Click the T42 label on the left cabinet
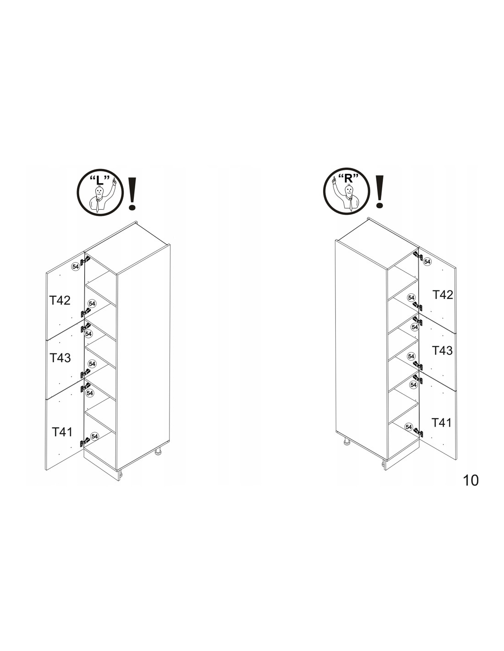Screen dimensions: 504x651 point(60,300)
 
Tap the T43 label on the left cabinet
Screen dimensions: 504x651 point(60,358)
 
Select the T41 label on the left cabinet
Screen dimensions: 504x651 point(62,432)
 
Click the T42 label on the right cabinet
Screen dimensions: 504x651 point(443,295)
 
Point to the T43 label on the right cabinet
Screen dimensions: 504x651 point(442,351)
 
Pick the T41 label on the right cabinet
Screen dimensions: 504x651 point(441,423)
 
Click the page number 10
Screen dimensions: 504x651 point(471,480)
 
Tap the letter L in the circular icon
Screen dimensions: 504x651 point(99,180)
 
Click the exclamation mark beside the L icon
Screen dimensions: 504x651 point(132,193)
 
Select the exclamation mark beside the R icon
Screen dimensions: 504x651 point(380,191)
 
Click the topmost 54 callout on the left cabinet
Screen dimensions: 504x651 point(75,266)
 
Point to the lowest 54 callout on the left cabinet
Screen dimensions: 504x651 point(94,436)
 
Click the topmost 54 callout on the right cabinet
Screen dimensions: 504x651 point(427,261)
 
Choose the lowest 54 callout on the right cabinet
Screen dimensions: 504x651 point(408,427)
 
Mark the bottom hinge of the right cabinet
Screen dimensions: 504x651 point(418,432)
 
